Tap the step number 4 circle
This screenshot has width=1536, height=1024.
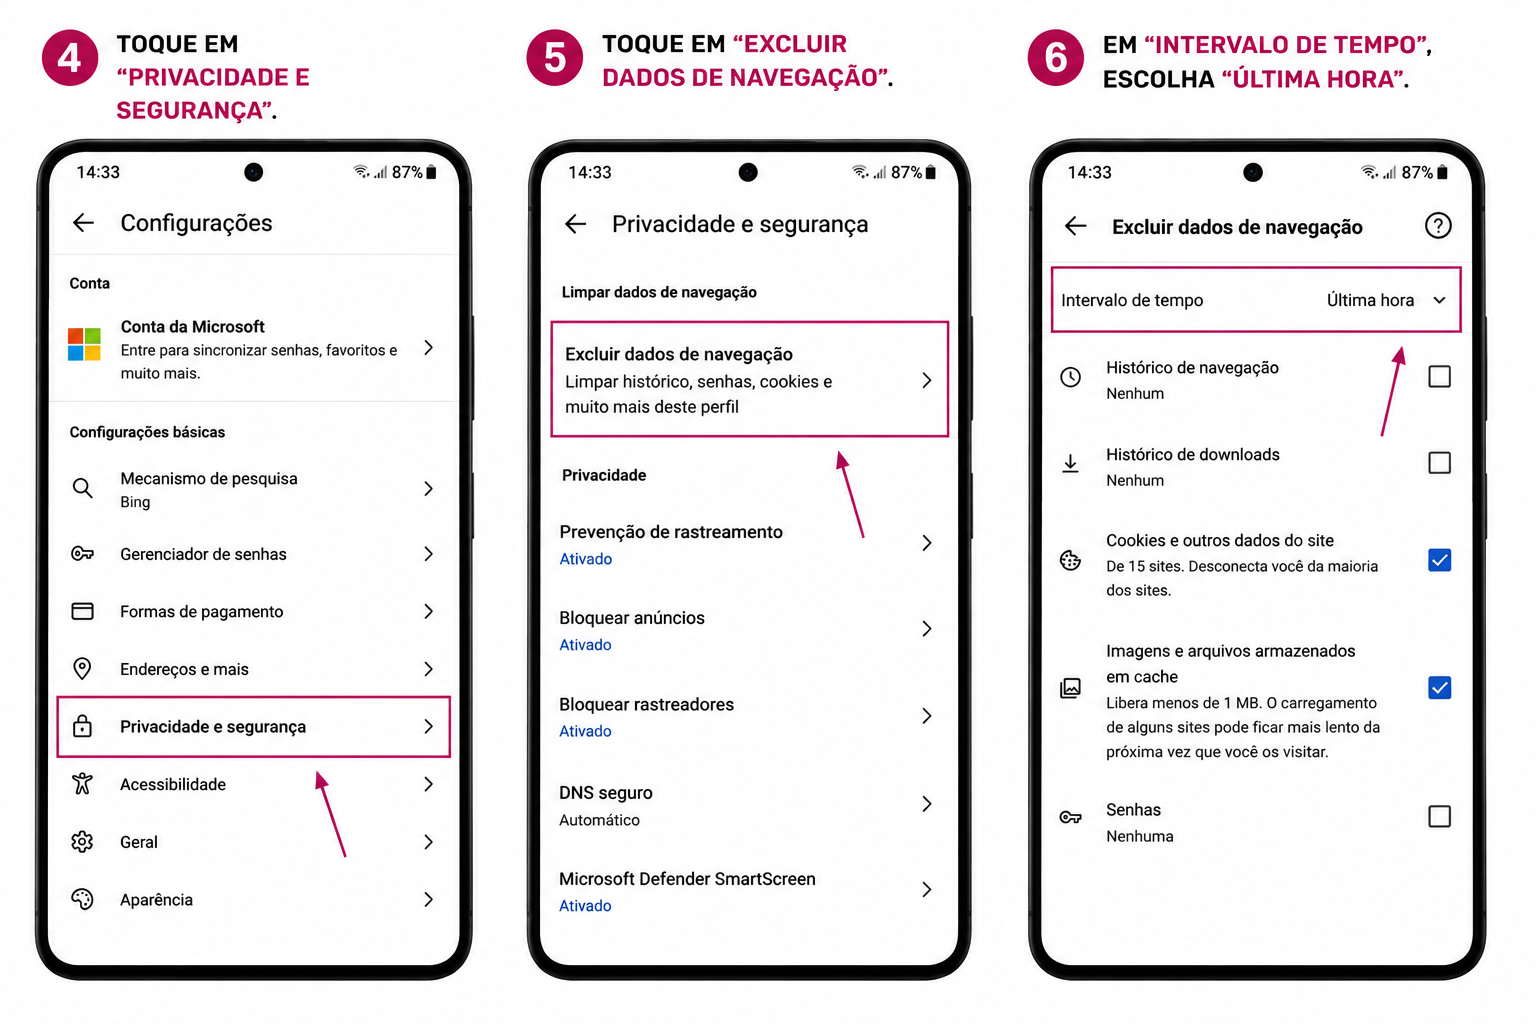70,58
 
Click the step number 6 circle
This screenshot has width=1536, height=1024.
1055,58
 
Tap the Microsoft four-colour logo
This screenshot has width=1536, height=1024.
84,344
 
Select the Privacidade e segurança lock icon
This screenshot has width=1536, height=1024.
82,726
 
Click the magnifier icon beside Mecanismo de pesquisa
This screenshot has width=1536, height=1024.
82,488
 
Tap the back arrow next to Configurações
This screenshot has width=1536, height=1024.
83,222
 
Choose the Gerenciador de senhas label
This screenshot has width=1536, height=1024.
203,553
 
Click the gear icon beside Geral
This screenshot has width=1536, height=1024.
82,842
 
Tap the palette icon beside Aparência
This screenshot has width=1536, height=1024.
82,899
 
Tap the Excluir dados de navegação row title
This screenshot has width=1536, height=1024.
678,354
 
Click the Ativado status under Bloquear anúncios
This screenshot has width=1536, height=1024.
585,645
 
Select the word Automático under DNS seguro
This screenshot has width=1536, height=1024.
599,820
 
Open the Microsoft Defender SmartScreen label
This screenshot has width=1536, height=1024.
687,879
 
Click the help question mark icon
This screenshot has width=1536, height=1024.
1437,226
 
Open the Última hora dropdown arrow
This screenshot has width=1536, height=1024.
1439,300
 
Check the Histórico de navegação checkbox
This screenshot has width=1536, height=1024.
1439,377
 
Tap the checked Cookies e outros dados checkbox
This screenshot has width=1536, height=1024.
1439,560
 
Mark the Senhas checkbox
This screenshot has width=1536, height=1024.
1439,816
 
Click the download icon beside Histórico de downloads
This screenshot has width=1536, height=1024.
1070,464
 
